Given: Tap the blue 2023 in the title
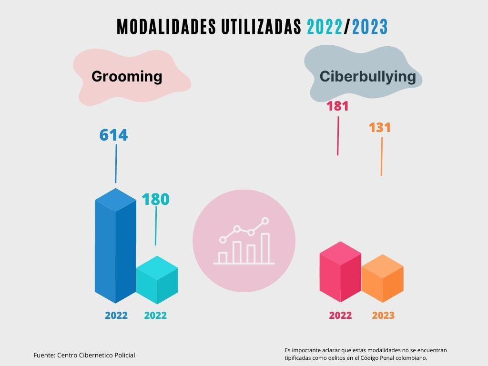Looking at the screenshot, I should click(370, 27).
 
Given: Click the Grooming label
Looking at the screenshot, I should click(127, 76).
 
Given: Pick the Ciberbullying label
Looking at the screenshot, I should click(367, 76).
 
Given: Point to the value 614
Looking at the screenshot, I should click(113, 135).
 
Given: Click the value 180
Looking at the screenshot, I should click(156, 199).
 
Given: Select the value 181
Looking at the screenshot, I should click(337, 106).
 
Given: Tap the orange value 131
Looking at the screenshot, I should click(380, 128).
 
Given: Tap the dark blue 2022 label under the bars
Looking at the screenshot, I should click(116, 315).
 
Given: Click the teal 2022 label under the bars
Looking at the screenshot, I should click(155, 315).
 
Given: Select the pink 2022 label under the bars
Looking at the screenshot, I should click(340, 315).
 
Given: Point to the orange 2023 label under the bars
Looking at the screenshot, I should click(383, 315).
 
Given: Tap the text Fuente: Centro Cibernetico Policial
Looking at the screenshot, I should click(84, 355).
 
